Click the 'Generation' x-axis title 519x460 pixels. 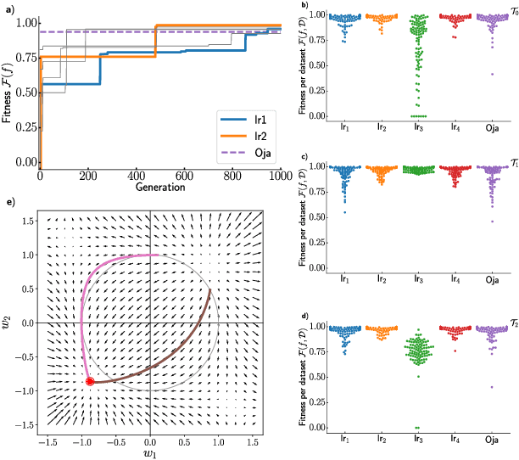pos(161,186)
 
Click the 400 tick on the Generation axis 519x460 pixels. pos(136,174)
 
